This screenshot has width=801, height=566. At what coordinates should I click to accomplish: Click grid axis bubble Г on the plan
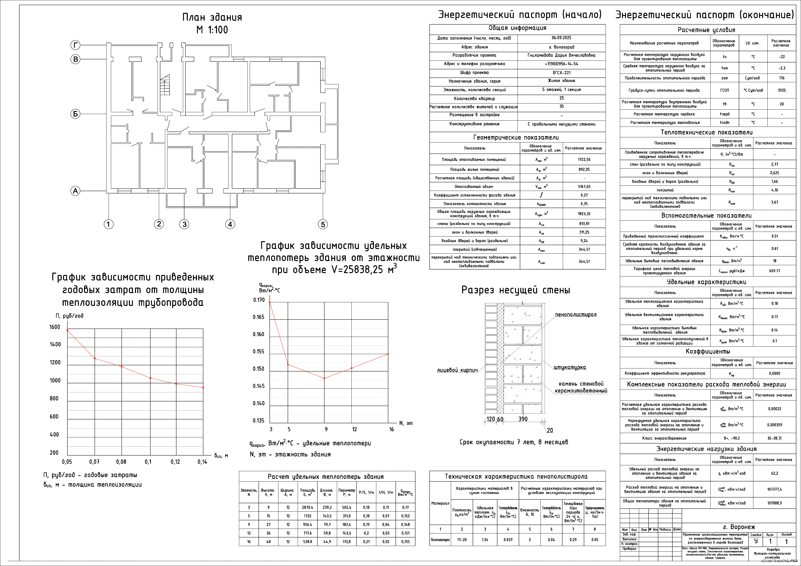pos(75,45)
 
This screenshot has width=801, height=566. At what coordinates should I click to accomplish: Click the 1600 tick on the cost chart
pos(55,327)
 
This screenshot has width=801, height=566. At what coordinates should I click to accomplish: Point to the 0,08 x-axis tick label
pos(121,462)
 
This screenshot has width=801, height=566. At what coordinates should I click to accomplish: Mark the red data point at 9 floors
pos(325,378)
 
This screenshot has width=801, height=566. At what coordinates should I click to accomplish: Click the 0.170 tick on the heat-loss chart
pos(259,300)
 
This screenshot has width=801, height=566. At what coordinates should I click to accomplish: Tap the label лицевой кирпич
pos(457,370)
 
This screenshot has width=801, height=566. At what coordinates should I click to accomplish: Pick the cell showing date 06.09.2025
pos(561,38)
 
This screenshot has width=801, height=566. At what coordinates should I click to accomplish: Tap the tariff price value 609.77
pos(774,271)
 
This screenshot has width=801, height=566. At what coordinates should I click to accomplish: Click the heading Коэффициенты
pos(707,351)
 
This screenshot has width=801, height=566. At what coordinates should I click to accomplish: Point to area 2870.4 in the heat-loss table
pos(307,507)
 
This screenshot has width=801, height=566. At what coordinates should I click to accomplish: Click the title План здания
pos(212,17)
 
